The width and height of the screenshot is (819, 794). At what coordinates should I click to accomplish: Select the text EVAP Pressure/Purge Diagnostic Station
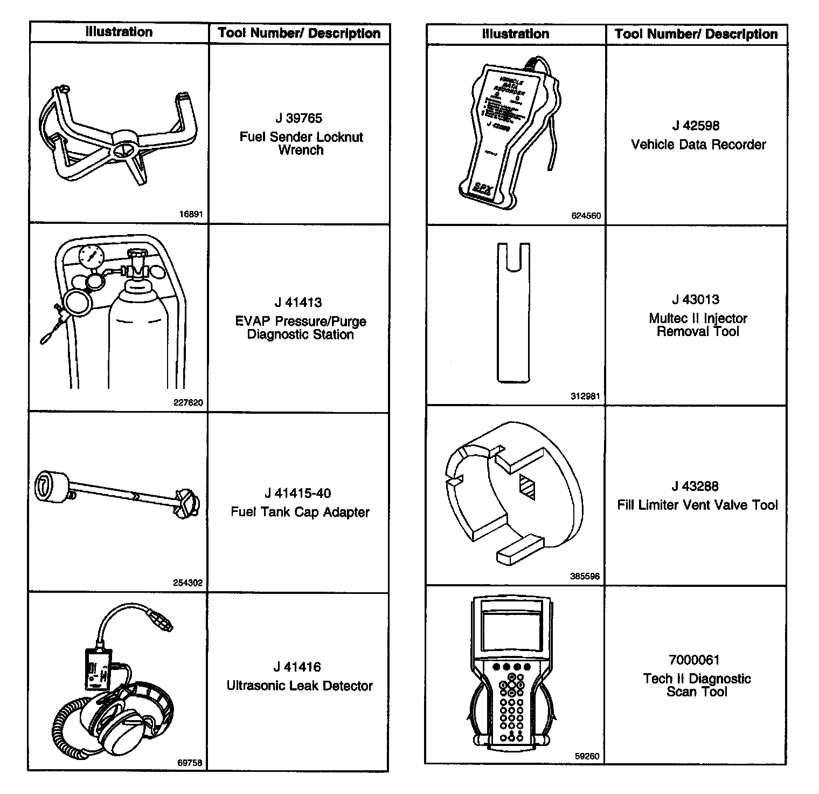300,328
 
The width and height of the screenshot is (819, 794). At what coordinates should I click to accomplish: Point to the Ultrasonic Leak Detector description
300,686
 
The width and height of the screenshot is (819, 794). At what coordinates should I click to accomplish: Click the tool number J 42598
696,126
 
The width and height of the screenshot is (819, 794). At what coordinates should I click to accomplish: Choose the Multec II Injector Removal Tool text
698,325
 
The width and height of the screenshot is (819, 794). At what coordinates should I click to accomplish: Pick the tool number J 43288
695,486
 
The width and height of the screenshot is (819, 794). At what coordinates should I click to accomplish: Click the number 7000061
693,660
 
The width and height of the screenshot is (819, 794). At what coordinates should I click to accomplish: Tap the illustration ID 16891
191,214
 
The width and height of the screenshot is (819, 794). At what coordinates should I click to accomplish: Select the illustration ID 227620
189,402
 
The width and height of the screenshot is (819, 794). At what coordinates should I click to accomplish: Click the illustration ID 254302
188,583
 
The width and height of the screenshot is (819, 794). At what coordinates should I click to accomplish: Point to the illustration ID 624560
586,216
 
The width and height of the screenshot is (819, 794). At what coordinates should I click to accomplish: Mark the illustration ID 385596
585,576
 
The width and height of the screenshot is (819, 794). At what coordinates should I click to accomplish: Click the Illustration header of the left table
119,32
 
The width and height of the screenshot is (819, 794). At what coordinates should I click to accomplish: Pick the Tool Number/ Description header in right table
696,34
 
